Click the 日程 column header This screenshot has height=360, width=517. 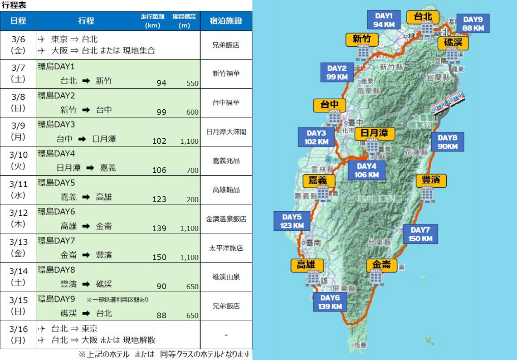point(18,21)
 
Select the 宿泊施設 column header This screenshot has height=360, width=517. point(226,21)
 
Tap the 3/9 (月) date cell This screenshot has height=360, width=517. point(18,132)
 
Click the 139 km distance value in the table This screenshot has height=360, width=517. point(159,229)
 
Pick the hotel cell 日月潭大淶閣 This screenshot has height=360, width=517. point(226,132)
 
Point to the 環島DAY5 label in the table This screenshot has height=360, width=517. point(56,183)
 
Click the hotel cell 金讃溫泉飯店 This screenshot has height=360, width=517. point(226,219)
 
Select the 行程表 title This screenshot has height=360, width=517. point(14,5)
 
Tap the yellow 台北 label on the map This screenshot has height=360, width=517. point(423,17)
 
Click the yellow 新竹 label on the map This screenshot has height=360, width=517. point(362,39)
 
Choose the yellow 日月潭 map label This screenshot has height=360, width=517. point(375,133)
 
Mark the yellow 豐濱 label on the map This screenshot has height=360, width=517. point(431,180)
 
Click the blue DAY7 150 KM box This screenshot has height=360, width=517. point(420,234)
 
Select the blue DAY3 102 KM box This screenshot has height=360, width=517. point(316,137)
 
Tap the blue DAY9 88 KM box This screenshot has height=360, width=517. point(473,24)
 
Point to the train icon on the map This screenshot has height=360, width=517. point(447,103)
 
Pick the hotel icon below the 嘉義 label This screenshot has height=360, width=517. point(323,194)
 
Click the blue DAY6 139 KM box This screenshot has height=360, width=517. point(330,302)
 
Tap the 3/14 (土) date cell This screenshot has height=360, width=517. point(18,277)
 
